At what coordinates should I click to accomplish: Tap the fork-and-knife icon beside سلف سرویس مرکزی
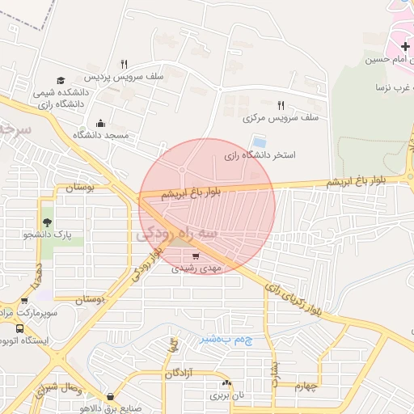click(x=281, y=105)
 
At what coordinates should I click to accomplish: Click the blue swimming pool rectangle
click(x=260, y=142)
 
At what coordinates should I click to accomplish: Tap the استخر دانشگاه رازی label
click(x=260, y=154)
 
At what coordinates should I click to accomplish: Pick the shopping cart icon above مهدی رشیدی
click(x=196, y=256)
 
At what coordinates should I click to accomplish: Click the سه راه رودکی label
click(x=178, y=234)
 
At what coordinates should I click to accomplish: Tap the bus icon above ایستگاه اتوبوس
click(x=19, y=328)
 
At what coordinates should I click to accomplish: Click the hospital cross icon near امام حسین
click(x=404, y=48)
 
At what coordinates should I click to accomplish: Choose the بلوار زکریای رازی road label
click(x=294, y=297)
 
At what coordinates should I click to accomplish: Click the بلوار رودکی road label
click(x=146, y=263)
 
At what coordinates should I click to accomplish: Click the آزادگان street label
click(x=183, y=374)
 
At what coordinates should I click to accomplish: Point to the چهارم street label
click(x=308, y=387)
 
